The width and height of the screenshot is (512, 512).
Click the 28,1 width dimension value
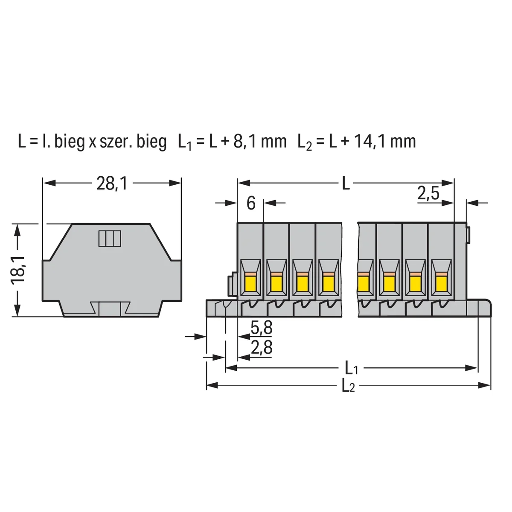click(112, 183)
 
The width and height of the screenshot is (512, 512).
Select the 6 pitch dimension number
click(251, 203)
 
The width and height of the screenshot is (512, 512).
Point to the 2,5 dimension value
click(428, 193)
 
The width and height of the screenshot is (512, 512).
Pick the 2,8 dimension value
click(262, 348)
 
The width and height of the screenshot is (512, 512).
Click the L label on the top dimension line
click(346, 183)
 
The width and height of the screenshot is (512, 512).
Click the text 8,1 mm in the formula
click(260, 142)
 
